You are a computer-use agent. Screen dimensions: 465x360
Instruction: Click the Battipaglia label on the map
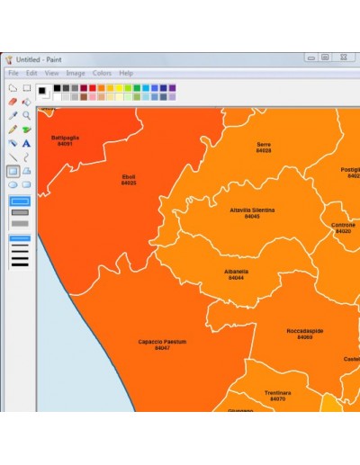[65, 138]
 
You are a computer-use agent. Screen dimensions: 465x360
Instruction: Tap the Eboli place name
[129, 177]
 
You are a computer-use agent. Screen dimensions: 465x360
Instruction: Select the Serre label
[264, 144]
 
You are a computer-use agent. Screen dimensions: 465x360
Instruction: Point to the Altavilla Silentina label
[252, 210]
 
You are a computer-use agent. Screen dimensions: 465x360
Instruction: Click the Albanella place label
[237, 271]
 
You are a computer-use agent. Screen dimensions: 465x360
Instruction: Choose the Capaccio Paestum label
[162, 342]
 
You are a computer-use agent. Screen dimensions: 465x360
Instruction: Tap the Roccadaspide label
[304, 331]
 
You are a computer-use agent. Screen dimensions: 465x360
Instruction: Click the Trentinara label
[277, 393]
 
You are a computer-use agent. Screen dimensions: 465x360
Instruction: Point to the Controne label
[343, 225]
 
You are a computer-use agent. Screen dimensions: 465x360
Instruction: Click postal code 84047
[162, 348]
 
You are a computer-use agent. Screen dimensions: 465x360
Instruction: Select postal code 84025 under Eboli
[129, 183]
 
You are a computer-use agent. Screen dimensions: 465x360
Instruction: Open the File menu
[13, 73]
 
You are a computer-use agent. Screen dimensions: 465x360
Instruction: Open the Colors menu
[102, 73]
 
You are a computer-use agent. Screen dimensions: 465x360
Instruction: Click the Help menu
[126, 73]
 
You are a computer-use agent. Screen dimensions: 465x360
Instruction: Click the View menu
[52, 73]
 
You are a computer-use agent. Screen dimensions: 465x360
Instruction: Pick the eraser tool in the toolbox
[13, 102]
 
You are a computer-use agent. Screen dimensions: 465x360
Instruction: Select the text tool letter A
[27, 143]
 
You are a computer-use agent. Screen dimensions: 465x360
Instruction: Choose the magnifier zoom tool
[27, 115]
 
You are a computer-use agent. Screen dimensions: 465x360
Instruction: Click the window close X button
[343, 58]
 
